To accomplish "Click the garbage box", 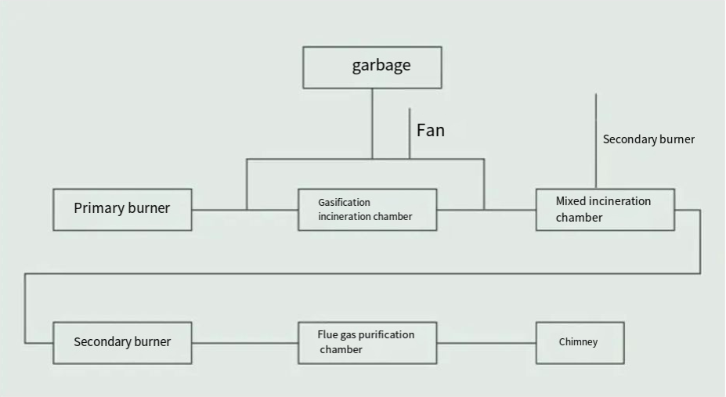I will (x=372, y=67).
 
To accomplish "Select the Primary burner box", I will (x=122, y=209).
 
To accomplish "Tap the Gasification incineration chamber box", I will (x=367, y=210).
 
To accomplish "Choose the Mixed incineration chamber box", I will (x=605, y=210).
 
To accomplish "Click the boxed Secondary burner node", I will (x=122, y=343).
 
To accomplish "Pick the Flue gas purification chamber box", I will (x=367, y=343).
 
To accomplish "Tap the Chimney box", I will (x=580, y=343).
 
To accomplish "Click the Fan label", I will (x=431, y=130).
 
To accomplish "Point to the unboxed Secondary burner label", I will (x=648, y=139).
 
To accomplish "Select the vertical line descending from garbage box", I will (x=372, y=124).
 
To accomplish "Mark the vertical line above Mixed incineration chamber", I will (x=596, y=141).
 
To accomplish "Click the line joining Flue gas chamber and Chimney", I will (x=486, y=343).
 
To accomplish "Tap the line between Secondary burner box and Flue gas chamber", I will (x=244, y=343).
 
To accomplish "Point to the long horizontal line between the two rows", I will (x=360, y=273).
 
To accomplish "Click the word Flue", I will (x=327, y=334).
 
